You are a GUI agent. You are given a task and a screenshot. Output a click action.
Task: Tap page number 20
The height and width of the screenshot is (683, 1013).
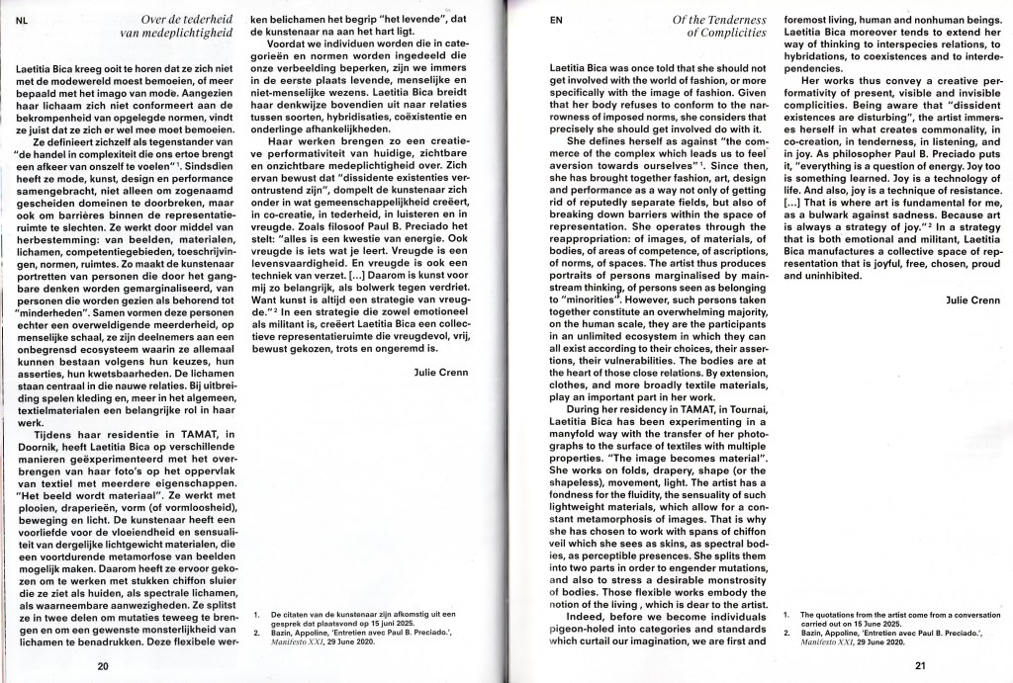tap(103, 666)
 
